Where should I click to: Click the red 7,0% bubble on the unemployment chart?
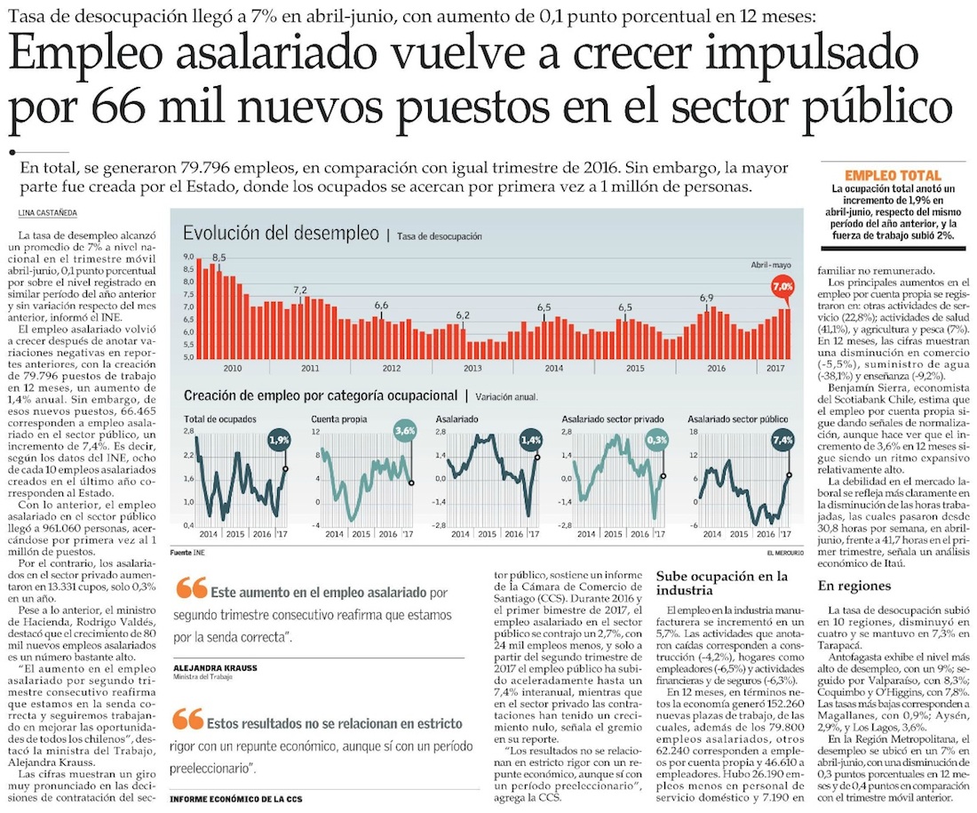[x=782, y=287]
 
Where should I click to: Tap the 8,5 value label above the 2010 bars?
[x=218, y=257]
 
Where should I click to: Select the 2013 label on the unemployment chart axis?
[x=473, y=368]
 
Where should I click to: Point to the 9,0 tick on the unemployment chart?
[x=188, y=257]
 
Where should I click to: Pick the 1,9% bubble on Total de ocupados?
[x=280, y=440]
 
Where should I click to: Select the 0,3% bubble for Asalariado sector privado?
[x=658, y=440]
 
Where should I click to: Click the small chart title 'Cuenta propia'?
[x=335, y=418]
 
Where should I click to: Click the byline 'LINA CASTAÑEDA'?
[x=46, y=211]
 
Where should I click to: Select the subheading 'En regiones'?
[x=854, y=586]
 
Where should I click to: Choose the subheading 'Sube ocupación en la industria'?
[x=721, y=583]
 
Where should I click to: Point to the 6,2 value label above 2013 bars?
[x=463, y=315]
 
